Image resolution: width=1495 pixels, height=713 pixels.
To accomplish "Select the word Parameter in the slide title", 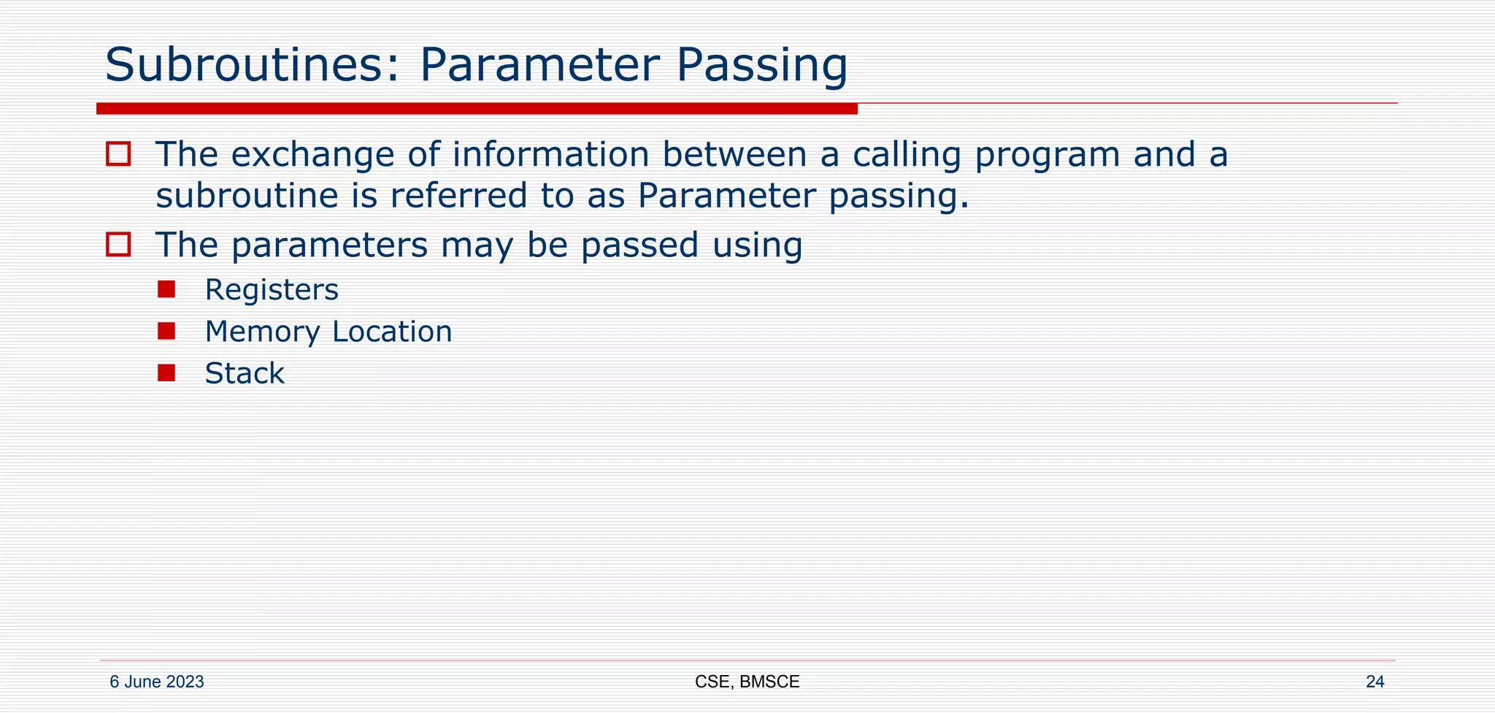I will tap(539, 65).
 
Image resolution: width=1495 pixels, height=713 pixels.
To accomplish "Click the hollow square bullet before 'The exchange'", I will tap(118, 154).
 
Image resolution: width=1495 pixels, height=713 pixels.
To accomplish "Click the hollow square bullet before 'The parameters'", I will tap(118, 244).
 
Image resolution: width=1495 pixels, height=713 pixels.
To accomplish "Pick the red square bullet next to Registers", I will tap(166, 290).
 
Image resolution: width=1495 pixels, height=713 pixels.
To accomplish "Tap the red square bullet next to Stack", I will tap(166, 373).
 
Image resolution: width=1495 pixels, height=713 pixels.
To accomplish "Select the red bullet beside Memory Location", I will tap(166, 332).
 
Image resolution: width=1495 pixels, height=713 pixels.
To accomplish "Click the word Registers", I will tap(272, 291).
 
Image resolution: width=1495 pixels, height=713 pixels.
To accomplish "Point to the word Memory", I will tap(262, 332).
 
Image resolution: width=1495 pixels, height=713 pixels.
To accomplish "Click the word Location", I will tap(392, 332).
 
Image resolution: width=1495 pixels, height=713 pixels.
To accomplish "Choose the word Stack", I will tap(245, 374).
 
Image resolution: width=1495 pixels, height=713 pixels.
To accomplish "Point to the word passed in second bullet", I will tap(640, 245).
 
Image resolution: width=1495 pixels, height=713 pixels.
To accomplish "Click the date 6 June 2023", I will tap(157, 682).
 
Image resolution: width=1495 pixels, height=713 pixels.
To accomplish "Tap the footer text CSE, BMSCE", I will tap(747, 682).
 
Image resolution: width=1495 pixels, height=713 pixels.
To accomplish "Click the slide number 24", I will tap(1375, 682).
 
